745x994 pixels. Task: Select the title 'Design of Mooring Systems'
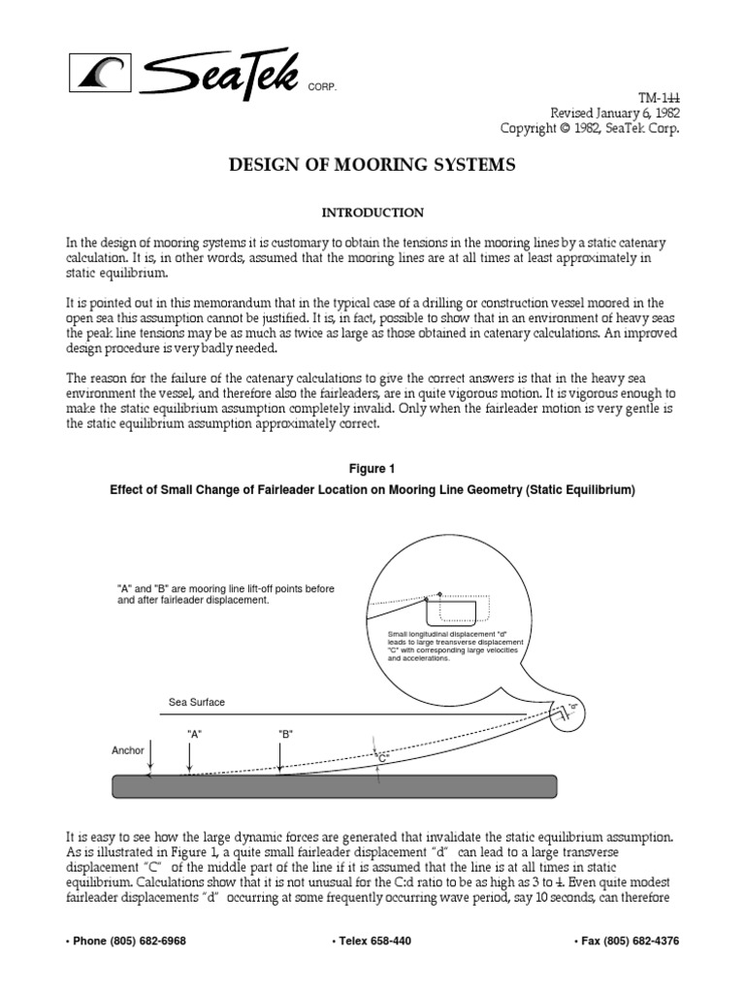(372, 166)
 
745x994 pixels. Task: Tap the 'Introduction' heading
(372, 212)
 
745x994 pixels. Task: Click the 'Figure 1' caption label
(372, 468)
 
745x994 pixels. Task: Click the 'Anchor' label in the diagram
(128, 750)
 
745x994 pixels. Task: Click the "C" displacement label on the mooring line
(382, 755)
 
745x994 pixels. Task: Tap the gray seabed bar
(335, 785)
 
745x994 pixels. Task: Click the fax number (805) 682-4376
(628, 941)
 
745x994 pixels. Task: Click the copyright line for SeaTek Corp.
(590, 128)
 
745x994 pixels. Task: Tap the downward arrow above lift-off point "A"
(190, 759)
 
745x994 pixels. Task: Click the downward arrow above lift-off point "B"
(280, 759)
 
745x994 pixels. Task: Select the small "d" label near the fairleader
(572, 706)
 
